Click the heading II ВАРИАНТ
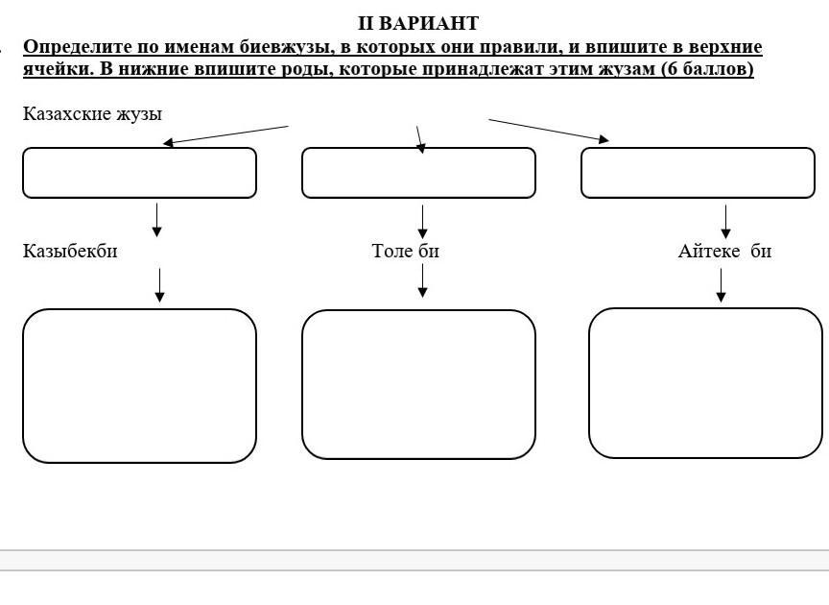tap(418, 23)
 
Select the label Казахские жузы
tap(92, 114)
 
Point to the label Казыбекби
tap(70, 251)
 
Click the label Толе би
tap(406, 251)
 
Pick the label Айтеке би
tap(724, 251)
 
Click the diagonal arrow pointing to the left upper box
tap(225, 135)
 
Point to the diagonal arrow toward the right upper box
tap(549, 131)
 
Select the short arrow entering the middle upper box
tap(420, 140)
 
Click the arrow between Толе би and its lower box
tap(422, 280)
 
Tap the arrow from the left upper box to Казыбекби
tap(156, 220)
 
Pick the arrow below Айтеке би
tap(721, 285)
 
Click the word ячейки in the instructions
tap(58, 69)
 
